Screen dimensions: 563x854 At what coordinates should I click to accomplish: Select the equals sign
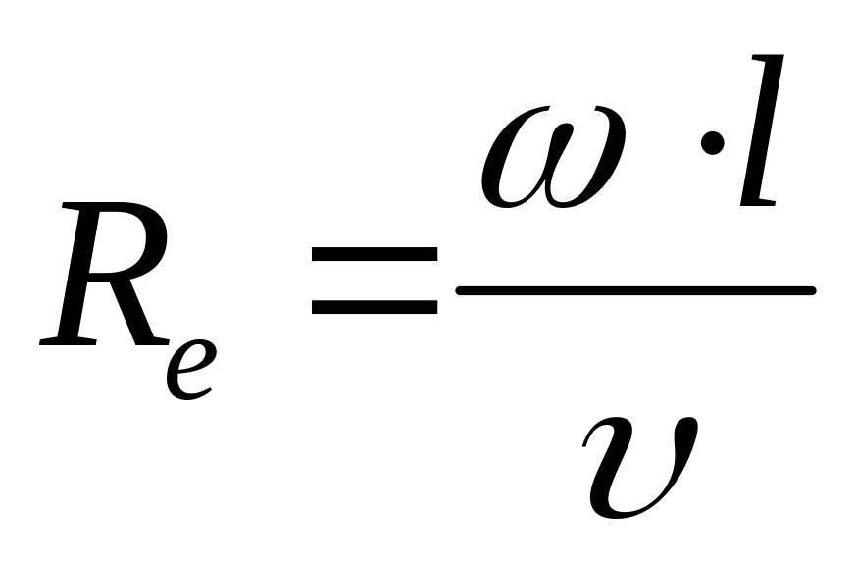coord(374,280)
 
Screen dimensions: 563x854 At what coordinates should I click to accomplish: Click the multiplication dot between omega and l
coord(714,146)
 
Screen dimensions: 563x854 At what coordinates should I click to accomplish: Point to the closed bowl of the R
coord(123,240)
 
